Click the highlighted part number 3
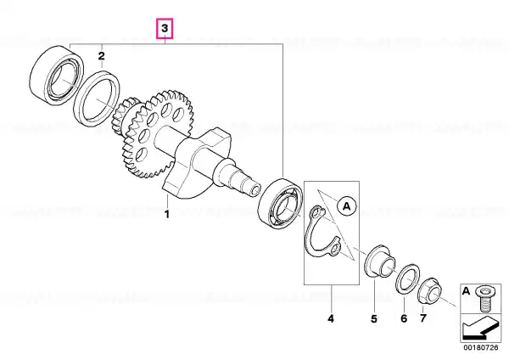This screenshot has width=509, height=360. pyautogui.click(x=165, y=28)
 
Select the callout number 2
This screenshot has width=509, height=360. pyautogui.click(x=102, y=56)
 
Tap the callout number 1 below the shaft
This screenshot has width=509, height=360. pyautogui.click(x=167, y=215)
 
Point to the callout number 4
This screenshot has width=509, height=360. pyautogui.click(x=331, y=319)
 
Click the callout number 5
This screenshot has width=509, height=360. pyautogui.click(x=374, y=319)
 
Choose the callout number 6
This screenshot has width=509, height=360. pyautogui.click(x=404, y=318)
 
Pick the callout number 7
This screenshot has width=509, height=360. pyautogui.click(x=423, y=318)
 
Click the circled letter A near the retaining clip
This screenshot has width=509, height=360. pyautogui.click(x=347, y=206)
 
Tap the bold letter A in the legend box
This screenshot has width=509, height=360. pyautogui.click(x=466, y=291)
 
